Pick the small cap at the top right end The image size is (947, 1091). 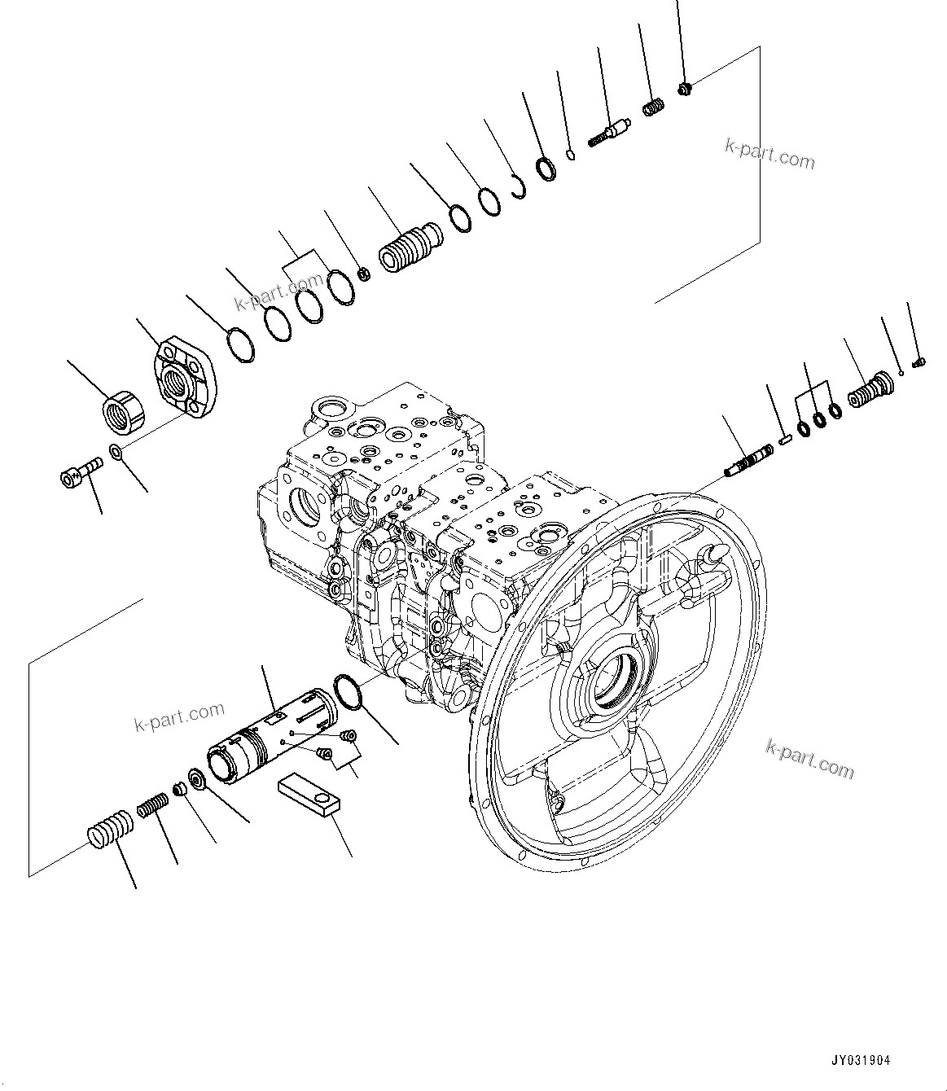click(684, 88)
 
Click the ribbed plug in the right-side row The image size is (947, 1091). click(869, 388)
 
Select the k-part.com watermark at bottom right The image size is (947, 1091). click(809, 759)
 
